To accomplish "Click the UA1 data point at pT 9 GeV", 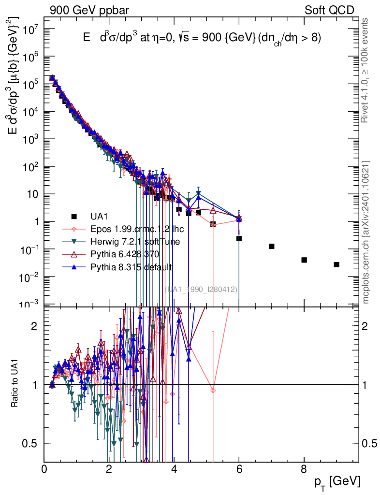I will click(x=336, y=264).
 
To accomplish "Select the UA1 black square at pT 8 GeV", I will click(x=304, y=260).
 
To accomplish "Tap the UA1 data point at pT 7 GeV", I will click(x=272, y=246).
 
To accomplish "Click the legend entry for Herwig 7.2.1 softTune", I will click(x=132, y=241).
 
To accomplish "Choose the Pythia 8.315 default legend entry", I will click(x=131, y=266).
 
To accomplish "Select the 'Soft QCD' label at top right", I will click(x=329, y=10).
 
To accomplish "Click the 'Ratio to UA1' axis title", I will click(x=15, y=384).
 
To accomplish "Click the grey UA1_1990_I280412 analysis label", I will click(x=201, y=289).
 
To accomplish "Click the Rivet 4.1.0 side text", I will click(x=366, y=70).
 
